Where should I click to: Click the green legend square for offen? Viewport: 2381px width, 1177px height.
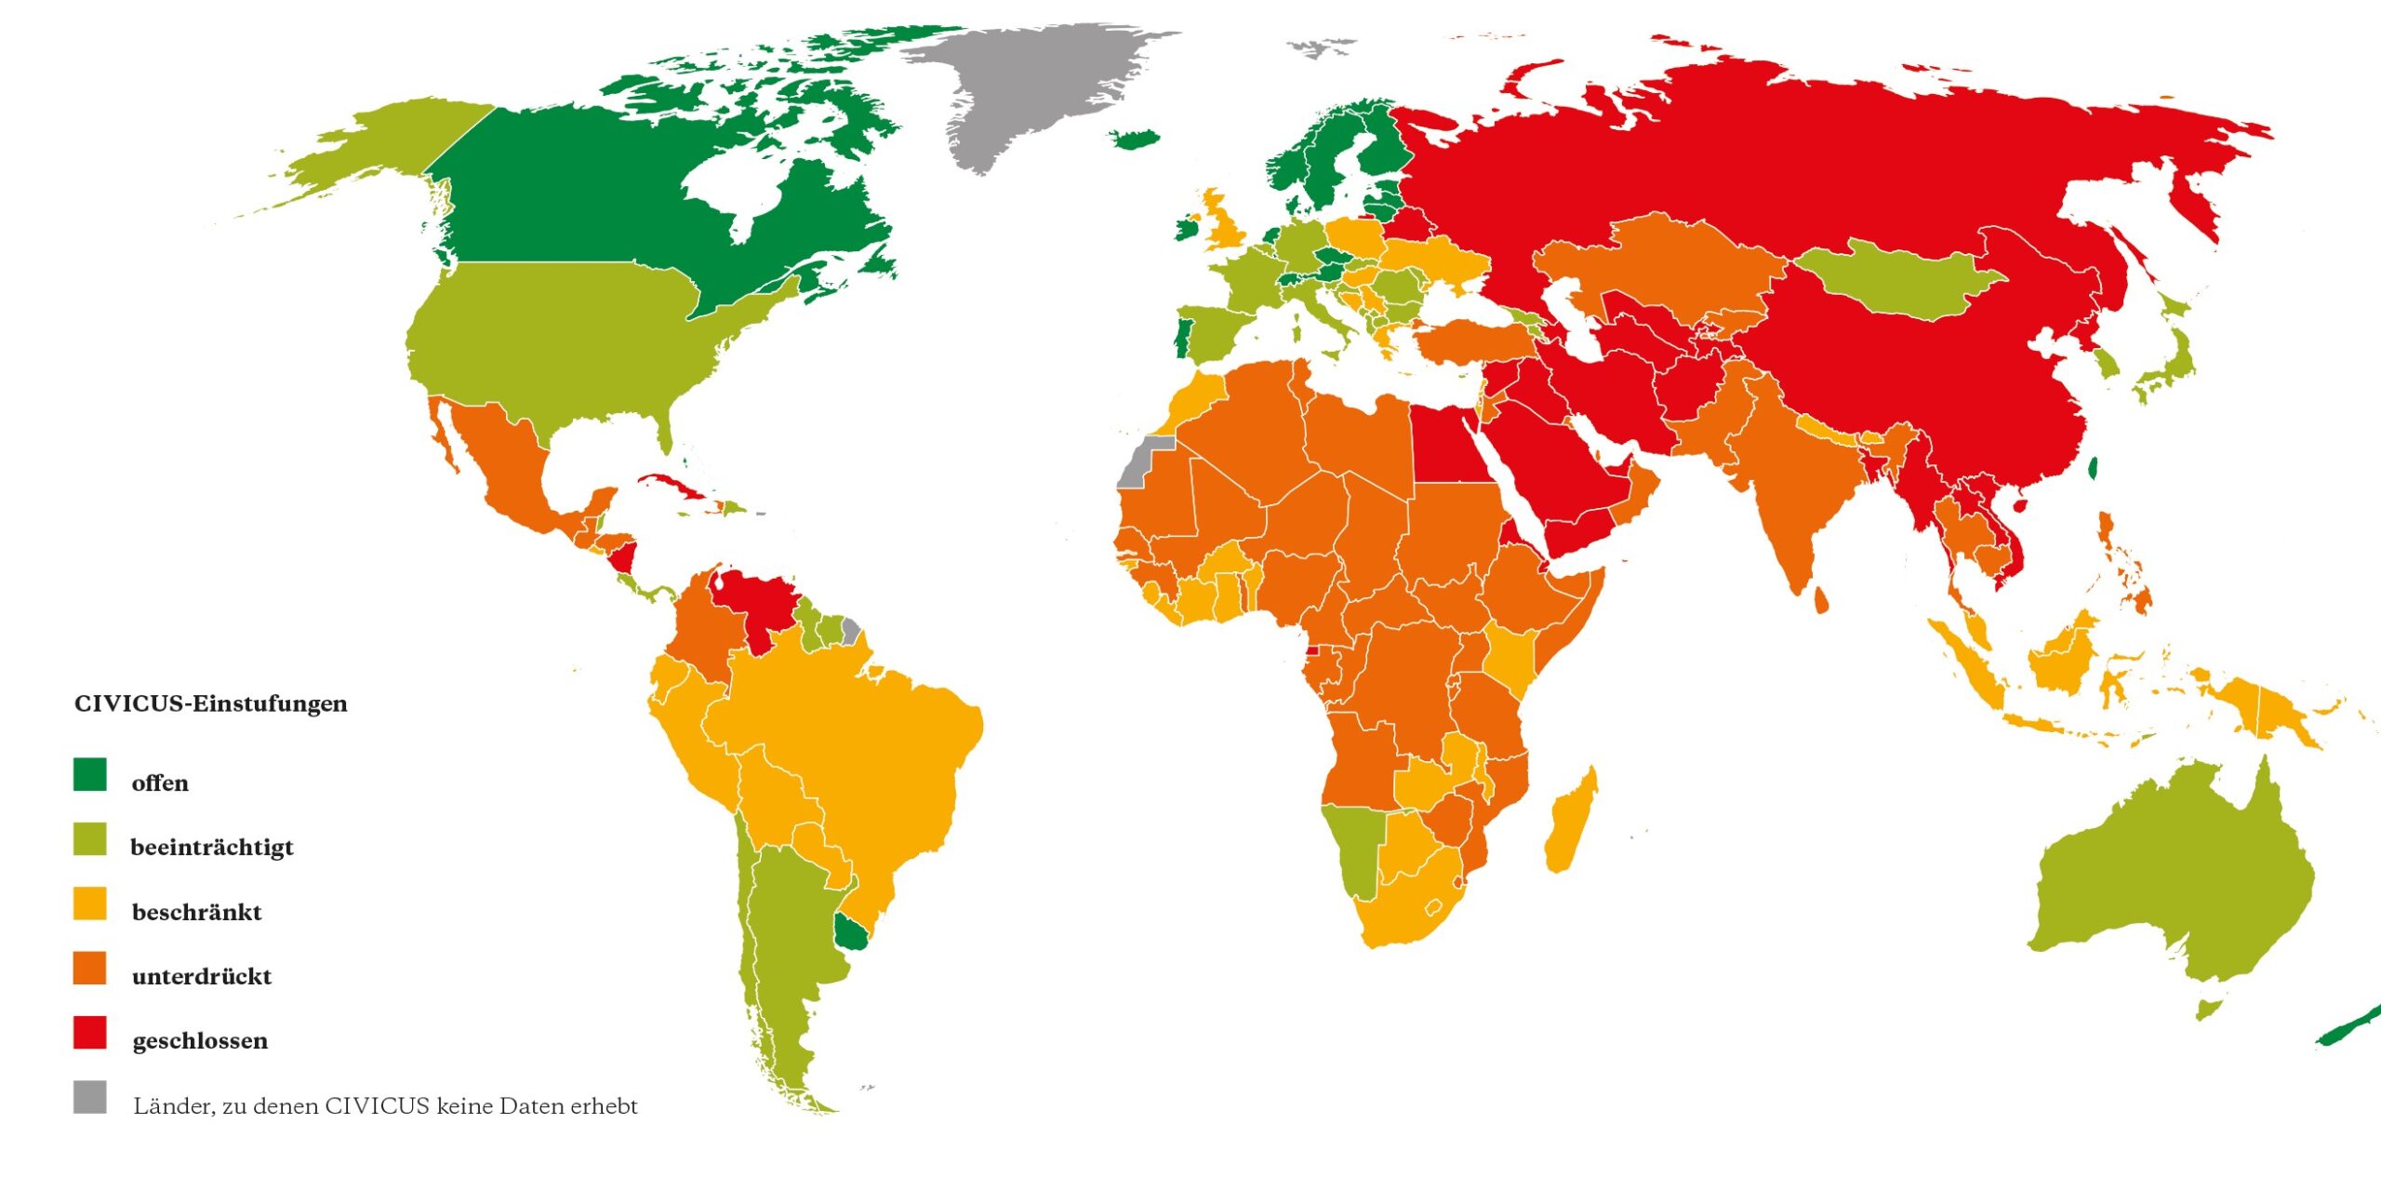click(x=90, y=774)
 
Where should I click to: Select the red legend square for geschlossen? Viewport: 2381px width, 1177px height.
click(x=90, y=1032)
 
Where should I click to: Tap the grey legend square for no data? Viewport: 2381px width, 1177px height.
click(x=90, y=1096)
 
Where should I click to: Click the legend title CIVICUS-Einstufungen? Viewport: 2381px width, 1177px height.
click(x=210, y=703)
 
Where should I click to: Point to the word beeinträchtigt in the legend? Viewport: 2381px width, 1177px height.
click(x=212, y=847)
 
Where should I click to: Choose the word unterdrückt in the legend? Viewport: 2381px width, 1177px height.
click(x=202, y=976)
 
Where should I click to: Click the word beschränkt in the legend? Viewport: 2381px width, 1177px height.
click(x=196, y=912)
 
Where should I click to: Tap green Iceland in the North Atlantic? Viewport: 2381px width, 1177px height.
click(x=1135, y=140)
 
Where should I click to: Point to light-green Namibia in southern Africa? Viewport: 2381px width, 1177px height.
click(x=1353, y=847)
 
